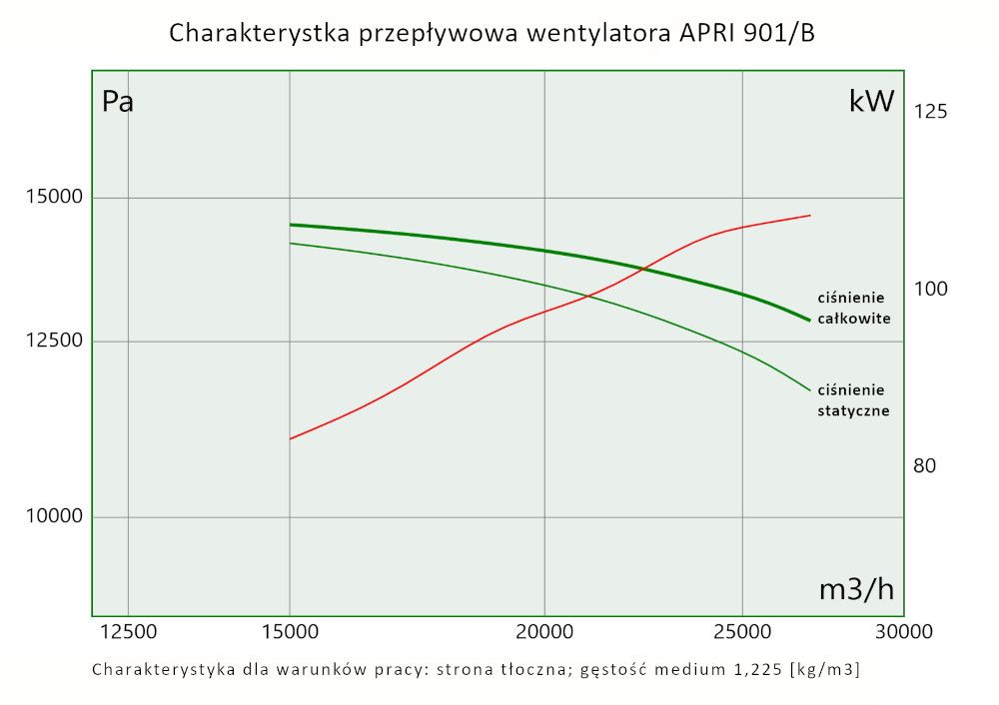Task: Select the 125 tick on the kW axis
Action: (x=930, y=111)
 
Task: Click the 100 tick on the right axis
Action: (x=930, y=289)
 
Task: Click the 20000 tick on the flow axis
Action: (x=543, y=632)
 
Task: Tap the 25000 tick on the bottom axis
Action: (x=741, y=632)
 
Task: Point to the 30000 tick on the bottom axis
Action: (x=904, y=632)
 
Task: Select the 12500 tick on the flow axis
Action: (x=129, y=632)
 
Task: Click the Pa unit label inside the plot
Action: (x=118, y=103)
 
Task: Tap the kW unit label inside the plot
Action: (x=870, y=102)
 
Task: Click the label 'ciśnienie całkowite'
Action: (x=853, y=309)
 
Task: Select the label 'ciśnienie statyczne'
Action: (x=853, y=399)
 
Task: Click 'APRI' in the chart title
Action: (x=705, y=33)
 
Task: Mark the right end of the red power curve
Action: (x=809, y=215)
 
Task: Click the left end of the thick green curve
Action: (x=290, y=225)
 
